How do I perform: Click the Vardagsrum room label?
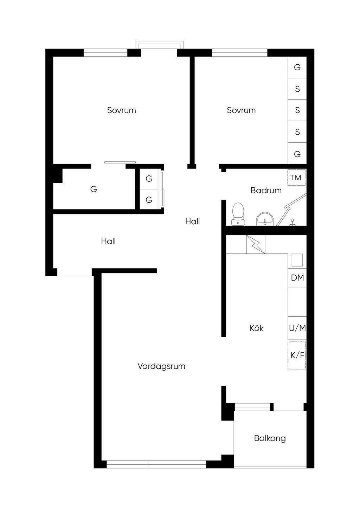(x=161, y=366)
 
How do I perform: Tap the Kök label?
(x=257, y=328)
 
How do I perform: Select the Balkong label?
(x=270, y=438)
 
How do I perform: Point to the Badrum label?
(x=266, y=191)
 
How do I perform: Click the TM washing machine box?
(x=296, y=178)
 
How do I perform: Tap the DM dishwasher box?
(x=297, y=278)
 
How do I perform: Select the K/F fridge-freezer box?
(x=297, y=355)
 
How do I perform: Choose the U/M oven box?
(x=297, y=328)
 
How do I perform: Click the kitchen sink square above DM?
(x=297, y=260)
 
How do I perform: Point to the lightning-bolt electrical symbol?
(x=255, y=244)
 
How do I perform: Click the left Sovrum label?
(x=121, y=110)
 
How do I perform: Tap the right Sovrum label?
(x=241, y=110)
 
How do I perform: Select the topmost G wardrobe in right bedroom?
(x=297, y=67)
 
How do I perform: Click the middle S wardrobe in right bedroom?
(x=297, y=110)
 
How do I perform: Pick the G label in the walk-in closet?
(x=94, y=189)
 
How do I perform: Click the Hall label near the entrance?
(x=108, y=241)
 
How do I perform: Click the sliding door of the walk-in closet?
(x=120, y=162)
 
